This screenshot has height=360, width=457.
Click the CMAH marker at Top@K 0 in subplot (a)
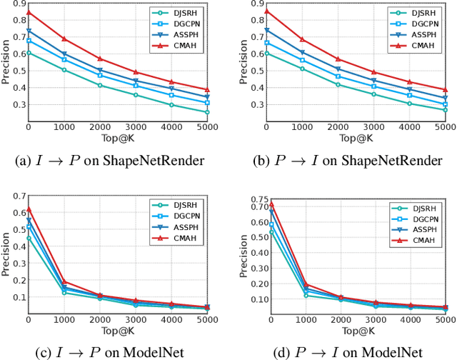pos(29,12)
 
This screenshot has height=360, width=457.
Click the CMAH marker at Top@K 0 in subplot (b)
pos(266,11)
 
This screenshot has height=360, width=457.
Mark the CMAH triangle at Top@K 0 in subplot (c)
pos(29,209)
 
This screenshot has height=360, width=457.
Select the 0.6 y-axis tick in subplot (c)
pos(16,212)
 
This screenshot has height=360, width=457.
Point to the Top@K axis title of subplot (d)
pos(355,333)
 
